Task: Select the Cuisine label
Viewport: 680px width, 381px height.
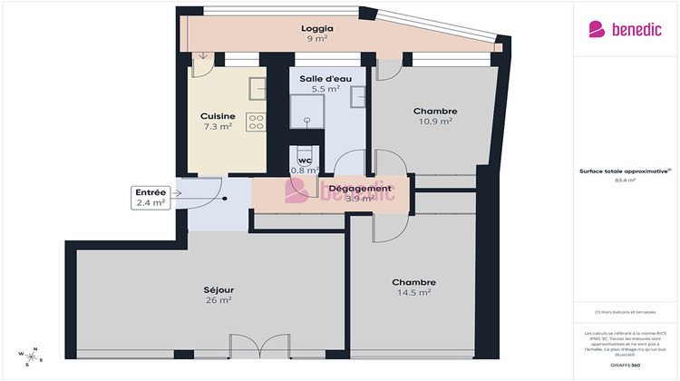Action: [218, 116]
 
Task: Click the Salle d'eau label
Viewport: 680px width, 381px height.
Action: [319, 78]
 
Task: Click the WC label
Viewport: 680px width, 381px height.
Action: [304, 161]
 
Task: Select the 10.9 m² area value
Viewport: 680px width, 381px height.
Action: [434, 122]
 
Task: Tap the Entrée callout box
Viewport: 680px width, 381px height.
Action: [151, 198]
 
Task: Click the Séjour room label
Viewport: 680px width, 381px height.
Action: [218, 290]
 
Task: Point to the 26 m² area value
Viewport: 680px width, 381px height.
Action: [218, 300]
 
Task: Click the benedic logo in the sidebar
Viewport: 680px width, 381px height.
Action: [621, 29]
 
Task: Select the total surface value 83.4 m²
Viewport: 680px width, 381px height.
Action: [625, 180]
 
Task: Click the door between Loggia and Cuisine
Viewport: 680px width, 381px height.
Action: [202, 60]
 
